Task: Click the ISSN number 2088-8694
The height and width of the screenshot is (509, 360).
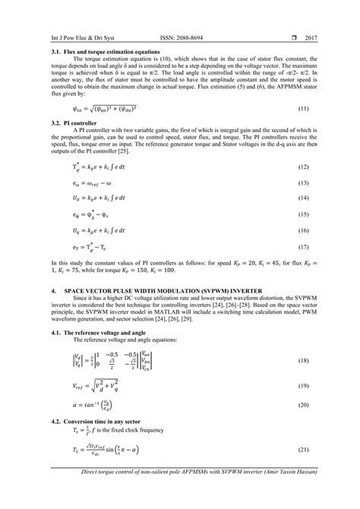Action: [x=185, y=36]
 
